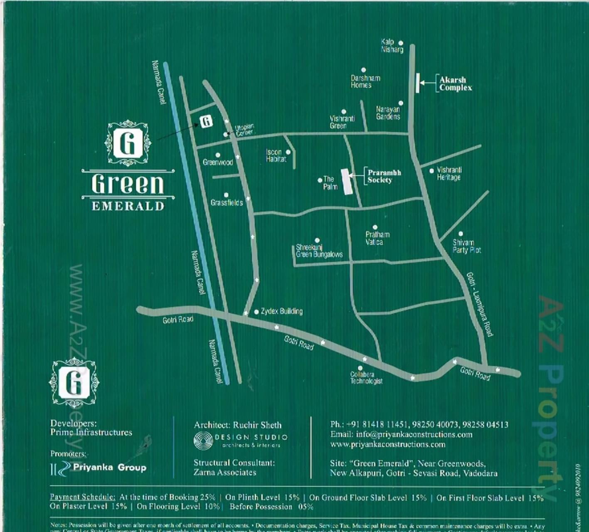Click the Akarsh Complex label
(455, 84)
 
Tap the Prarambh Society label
(384, 176)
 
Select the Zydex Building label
(281, 311)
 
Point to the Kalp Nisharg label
(392, 46)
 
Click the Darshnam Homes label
(365, 81)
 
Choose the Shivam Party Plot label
(466, 246)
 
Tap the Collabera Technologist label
(366, 377)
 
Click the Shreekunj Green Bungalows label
(319, 251)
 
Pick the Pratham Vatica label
(377, 238)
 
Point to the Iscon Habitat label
(276, 155)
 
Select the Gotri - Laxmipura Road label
(479, 304)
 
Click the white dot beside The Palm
(320, 180)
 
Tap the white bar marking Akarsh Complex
(417, 83)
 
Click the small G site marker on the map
(206, 121)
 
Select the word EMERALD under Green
(128, 206)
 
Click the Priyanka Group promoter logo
(98, 468)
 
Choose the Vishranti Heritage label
(449, 174)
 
